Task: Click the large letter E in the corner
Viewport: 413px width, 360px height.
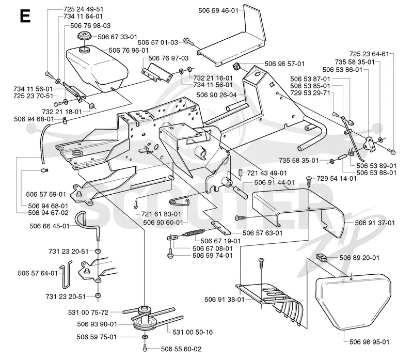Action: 25,16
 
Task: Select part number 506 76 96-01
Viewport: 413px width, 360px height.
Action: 129,50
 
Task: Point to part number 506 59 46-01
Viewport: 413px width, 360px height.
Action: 218,10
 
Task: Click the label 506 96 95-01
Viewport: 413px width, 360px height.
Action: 369,342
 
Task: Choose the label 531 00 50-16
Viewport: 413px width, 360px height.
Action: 193,332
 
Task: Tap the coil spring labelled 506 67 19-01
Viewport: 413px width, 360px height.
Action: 194,233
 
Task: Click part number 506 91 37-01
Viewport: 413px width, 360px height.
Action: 375,223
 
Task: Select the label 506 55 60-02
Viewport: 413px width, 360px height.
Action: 181,349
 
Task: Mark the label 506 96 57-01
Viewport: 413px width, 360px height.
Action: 284,64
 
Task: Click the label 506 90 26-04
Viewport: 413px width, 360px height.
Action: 216,95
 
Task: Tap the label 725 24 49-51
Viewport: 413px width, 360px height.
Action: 84,9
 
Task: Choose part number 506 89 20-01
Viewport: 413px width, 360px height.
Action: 359,258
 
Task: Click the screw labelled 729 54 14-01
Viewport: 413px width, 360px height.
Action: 309,182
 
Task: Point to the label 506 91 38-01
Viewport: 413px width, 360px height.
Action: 225,300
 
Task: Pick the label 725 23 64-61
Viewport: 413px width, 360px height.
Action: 369,54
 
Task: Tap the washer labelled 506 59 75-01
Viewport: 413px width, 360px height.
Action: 145,337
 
